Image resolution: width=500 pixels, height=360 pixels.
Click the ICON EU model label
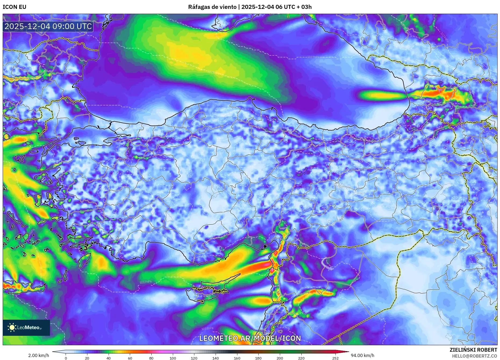coord(15,7)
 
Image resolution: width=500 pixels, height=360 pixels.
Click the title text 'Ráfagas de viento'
coord(212,7)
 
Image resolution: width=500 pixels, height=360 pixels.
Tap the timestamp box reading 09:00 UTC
coord(48,26)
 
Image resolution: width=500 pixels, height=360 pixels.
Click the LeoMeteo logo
coord(26,327)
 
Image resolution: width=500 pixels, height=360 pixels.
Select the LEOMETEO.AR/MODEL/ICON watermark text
coord(250,338)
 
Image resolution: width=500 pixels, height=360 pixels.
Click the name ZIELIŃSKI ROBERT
coord(473,350)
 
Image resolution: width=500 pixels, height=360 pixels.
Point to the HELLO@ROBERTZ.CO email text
coord(474,356)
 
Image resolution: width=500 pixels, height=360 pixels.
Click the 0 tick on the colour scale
coord(66,358)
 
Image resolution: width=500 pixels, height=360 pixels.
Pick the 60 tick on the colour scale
coord(130,358)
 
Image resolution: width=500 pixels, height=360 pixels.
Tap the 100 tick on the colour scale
coord(173,358)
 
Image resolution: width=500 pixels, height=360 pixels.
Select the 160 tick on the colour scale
coord(237,358)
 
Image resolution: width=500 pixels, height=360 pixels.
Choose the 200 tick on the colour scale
coord(280,358)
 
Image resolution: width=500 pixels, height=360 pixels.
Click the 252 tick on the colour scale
coord(335,358)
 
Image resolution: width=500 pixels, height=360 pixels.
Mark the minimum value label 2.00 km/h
coord(39,355)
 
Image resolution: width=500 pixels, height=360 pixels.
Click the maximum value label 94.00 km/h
coord(362,355)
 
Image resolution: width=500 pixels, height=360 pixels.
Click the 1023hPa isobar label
coord(313,57)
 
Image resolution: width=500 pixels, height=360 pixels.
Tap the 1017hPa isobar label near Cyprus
coord(145,282)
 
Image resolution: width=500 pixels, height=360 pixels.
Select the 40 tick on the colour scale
coord(109,358)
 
